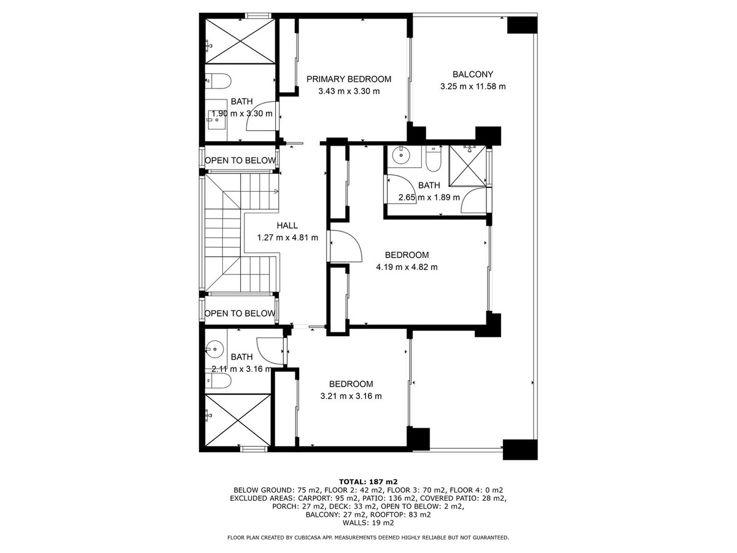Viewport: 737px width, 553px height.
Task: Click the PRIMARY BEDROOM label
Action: click(x=349, y=79)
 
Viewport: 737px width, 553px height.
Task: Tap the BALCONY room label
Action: click(x=472, y=74)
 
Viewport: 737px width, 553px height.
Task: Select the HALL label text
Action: click(x=287, y=226)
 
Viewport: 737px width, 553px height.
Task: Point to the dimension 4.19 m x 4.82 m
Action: click(x=407, y=267)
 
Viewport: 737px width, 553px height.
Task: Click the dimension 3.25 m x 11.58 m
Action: click(x=472, y=87)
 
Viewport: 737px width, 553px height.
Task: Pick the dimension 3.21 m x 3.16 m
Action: click(x=351, y=396)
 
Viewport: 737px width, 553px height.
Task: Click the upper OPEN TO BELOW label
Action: click(x=240, y=161)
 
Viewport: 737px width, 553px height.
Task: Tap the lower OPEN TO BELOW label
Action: click(x=240, y=314)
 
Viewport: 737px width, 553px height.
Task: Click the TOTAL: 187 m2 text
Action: click(x=368, y=481)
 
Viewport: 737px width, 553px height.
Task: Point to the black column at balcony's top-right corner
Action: click(x=522, y=25)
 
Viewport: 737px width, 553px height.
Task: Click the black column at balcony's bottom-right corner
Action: click(x=520, y=449)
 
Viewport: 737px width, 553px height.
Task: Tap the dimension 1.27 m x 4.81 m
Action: click(x=287, y=238)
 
